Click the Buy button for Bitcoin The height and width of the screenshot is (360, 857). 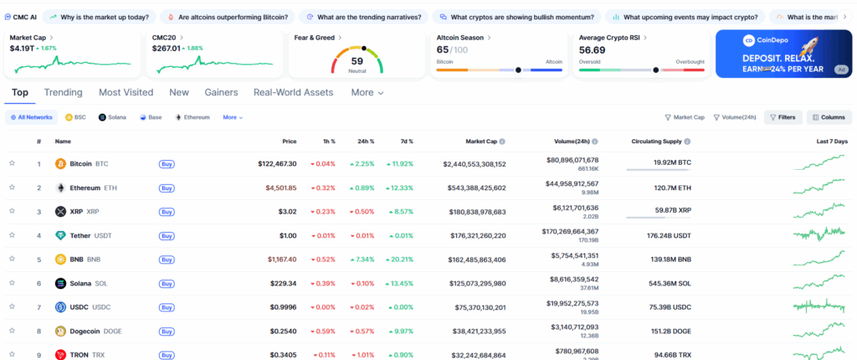(167, 164)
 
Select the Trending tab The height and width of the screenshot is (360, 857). (63, 93)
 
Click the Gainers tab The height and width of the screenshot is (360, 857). (221, 93)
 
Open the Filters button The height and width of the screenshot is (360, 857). (783, 118)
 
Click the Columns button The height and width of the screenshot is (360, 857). (829, 118)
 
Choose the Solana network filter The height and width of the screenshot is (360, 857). (112, 118)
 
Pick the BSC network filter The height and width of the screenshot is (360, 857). (75, 118)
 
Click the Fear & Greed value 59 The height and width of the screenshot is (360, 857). (357, 61)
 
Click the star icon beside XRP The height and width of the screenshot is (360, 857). (12, 212)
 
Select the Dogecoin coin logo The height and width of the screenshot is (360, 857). (60, 332)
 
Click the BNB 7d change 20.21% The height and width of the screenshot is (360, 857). (396, 260)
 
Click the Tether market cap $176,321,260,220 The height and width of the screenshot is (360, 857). (474, 236)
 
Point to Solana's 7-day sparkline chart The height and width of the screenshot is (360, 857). (819, 281)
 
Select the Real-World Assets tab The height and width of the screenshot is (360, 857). (293, 93)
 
